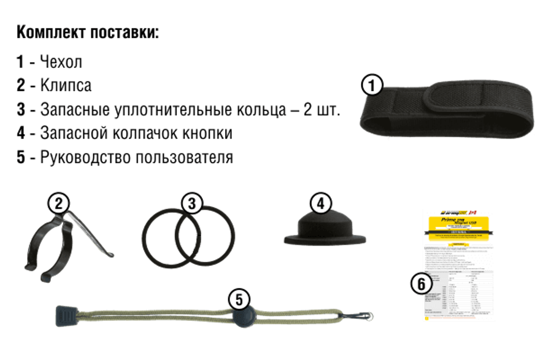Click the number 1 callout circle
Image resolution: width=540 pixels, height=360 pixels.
click(372, 85)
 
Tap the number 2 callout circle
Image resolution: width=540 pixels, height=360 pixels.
click(59, 203)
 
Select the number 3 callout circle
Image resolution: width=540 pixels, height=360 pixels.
click(192, 204)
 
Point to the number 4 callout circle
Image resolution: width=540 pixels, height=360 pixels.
click(321, 204)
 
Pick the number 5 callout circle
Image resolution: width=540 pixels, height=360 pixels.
click(239, 298)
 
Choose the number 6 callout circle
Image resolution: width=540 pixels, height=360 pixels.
click(422, 283)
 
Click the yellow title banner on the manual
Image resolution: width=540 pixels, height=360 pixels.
click(458, 223)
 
